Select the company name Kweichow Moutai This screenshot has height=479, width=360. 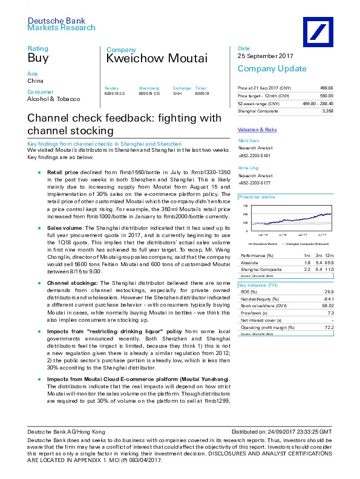coord(157,59)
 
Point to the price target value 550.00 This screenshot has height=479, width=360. coord(326,96)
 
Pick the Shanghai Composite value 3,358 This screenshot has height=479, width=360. coord(327,111)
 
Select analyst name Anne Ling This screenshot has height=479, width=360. coord(247,167)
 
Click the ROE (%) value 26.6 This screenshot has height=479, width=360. coord(330,291)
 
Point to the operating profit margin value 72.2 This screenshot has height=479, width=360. coord(330,327)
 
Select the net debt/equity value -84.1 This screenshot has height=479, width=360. coord(329,298)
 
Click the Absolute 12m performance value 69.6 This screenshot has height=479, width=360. coord(329,262)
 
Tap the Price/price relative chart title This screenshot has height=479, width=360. coord(257,197)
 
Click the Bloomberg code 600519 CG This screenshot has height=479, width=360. coord(148,94)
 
